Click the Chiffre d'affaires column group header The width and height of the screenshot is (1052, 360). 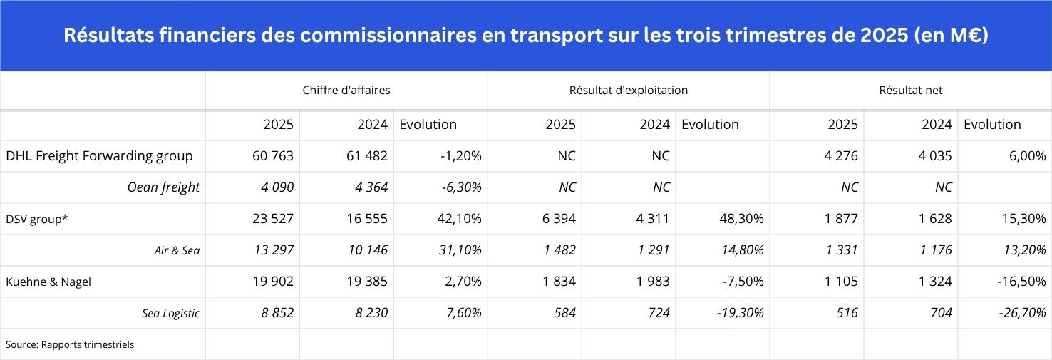coord(346,91)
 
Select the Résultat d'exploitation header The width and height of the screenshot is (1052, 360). coord(628,91)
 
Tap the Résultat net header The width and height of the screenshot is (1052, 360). coord(910,91)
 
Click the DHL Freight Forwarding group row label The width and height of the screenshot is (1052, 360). coord(99,156)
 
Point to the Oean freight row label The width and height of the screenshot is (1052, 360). coord(163,187)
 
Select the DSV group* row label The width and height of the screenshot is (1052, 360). coord(37,219)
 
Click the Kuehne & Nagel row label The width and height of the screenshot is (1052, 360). coord(48,282)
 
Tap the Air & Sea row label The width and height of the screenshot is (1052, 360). coord(177,250)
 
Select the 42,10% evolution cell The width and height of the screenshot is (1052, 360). coord(459,219)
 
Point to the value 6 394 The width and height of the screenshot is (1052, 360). coord(559,219)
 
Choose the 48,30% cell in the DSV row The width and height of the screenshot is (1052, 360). coord(741,219)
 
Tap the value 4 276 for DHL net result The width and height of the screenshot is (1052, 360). coord(841,156)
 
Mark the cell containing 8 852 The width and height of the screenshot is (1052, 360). coord(274,313)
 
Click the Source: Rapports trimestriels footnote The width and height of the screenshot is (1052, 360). coord(70,344)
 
